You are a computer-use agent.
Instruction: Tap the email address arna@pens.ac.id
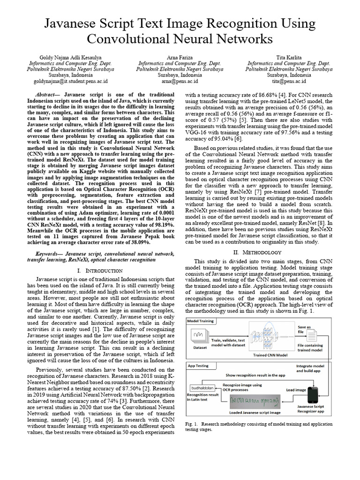coord(180,81)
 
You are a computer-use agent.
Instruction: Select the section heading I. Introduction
coord(100,270)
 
